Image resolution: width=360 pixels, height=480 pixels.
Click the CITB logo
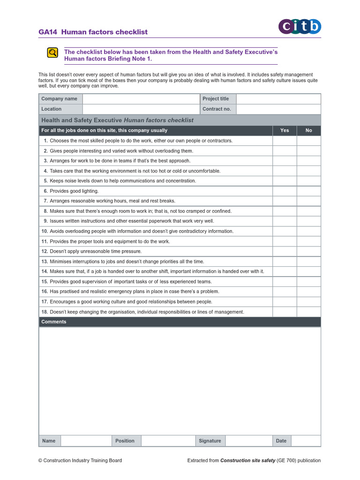click(300, 27)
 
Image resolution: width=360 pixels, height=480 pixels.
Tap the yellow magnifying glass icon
click(52, 52)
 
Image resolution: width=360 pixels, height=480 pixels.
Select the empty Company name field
click(141, 98)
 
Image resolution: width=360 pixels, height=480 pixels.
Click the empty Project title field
click(278, 98)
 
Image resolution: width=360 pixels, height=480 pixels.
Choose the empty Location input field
click(141, 109)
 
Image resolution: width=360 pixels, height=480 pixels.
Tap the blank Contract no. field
click(278, 109)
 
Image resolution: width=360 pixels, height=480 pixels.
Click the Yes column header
click(285, 130)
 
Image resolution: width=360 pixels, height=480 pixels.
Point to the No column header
click(308, 130)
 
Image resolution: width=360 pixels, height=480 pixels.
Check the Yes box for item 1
click(285, 141)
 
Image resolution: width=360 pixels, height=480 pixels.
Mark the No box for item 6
click(308, 191)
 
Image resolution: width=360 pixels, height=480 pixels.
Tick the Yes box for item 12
click(285, 251)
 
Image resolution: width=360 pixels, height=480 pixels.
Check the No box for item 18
click(308, 312)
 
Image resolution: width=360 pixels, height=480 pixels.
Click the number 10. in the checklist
click(45, 231)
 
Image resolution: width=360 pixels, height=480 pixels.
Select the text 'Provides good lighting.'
click(74, 191)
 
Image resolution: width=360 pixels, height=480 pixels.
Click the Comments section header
click(54, 322)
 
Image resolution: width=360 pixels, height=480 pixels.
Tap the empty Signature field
click(249, 441)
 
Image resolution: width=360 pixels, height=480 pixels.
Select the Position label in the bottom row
click(125, 441)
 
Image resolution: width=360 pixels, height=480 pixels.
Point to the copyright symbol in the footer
click(40, 460)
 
